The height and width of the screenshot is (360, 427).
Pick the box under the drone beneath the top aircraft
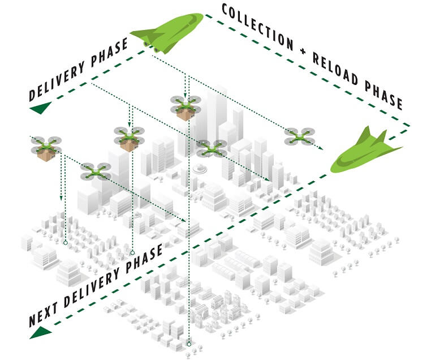click(x=184, y=114)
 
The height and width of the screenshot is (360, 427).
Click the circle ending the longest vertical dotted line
click(x=189, y=343)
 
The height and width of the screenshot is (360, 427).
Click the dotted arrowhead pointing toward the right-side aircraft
click(x=321, y=148)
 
